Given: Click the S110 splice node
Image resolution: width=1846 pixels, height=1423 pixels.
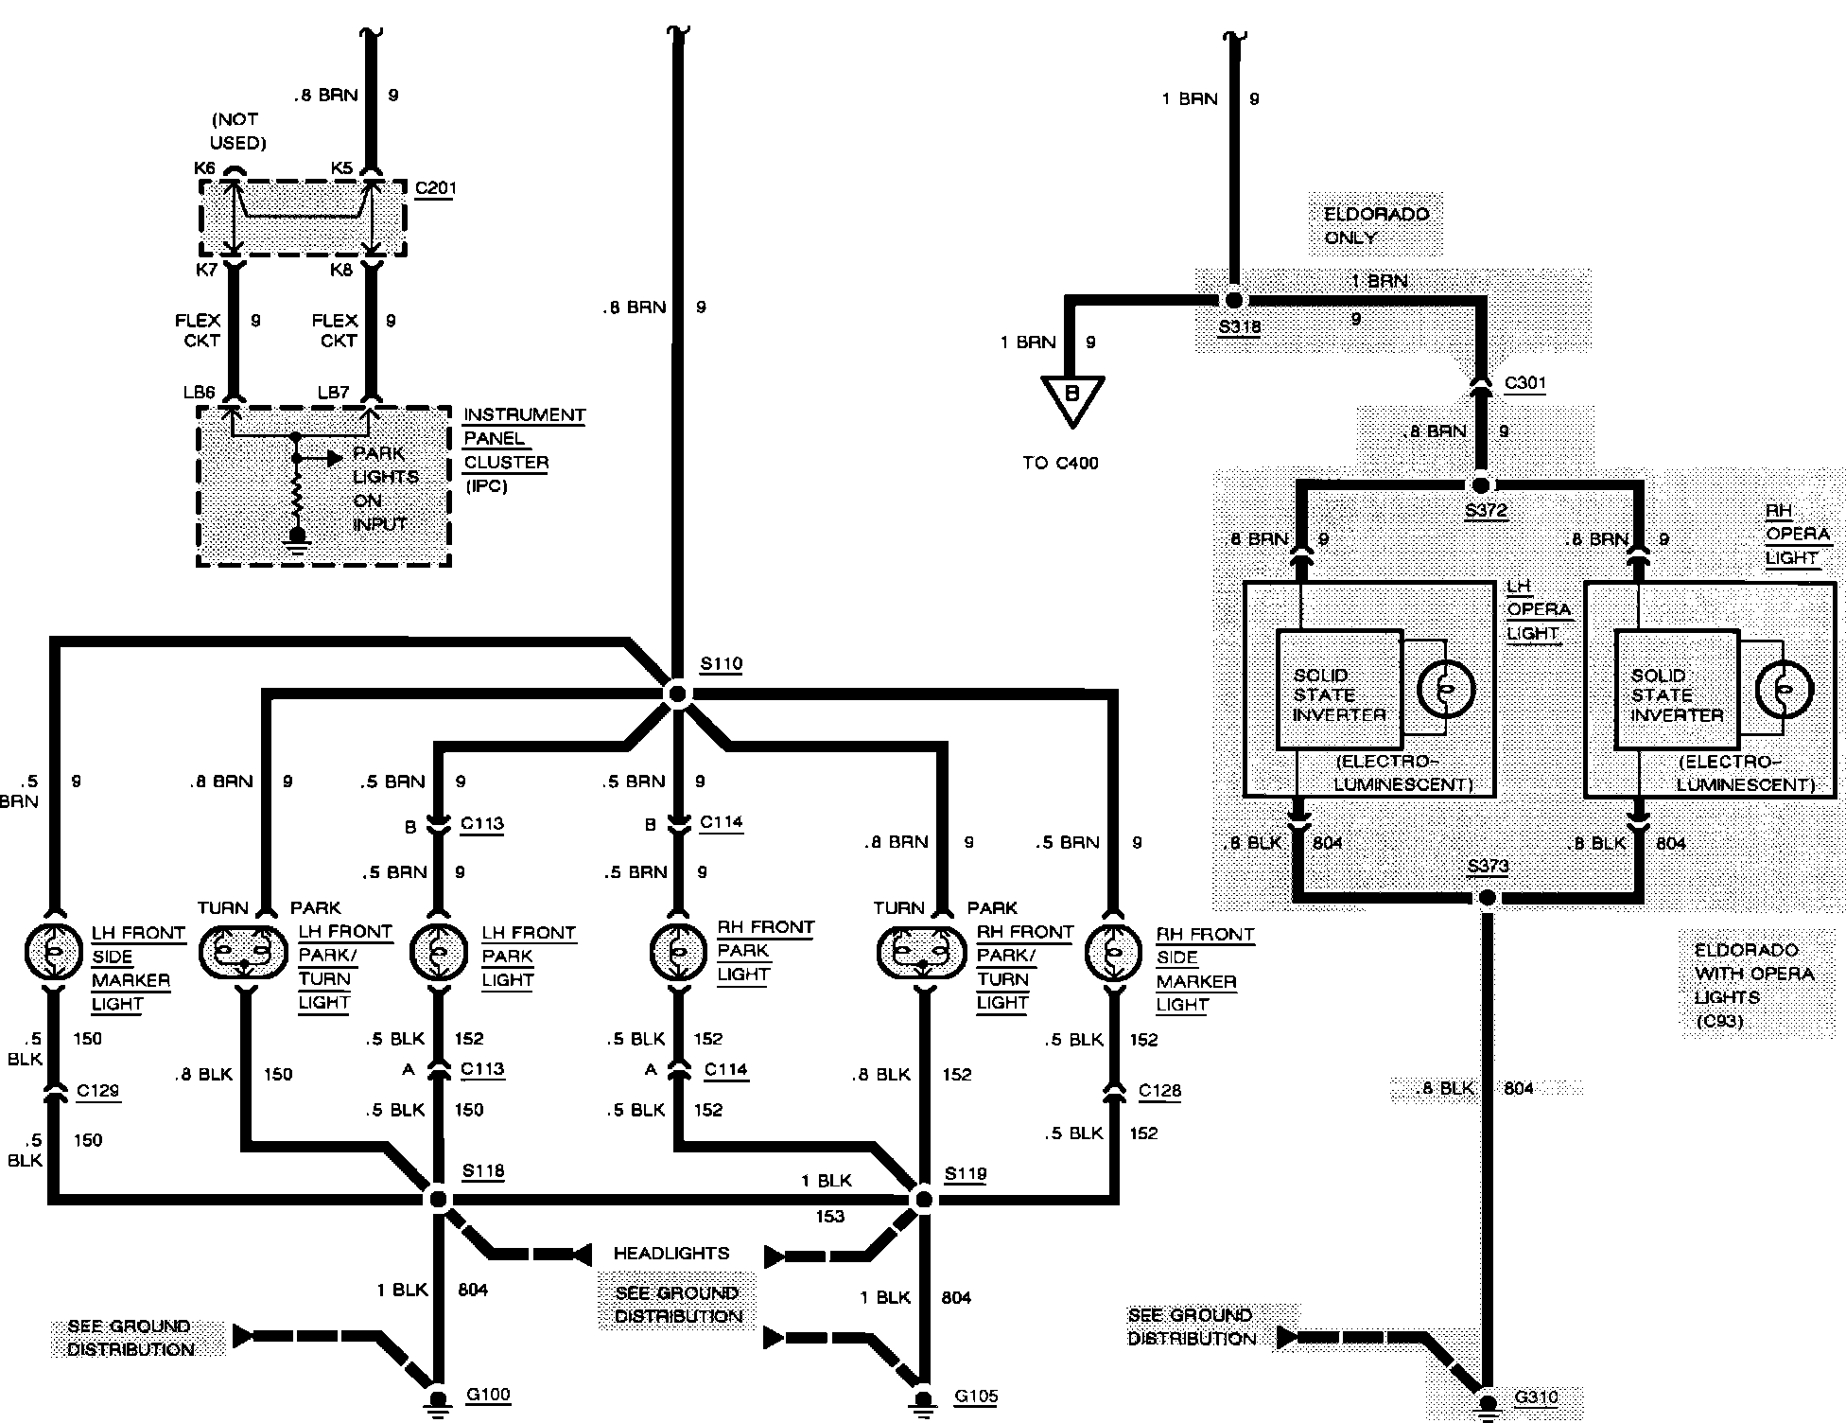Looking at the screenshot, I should point(677,694).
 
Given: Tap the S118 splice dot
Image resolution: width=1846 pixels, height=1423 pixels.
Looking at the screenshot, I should point(438,1199).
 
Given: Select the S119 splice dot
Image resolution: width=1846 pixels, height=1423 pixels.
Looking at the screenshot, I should point(923,1200).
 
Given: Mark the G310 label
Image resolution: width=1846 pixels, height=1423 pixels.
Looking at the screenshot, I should point(1536,1397).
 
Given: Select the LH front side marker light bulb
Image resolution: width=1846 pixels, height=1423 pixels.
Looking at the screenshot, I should point(54,954).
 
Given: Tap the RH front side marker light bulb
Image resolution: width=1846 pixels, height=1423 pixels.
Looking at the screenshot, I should point(1113,954).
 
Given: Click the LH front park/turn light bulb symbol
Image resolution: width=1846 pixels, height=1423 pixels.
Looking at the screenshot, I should point(243,954).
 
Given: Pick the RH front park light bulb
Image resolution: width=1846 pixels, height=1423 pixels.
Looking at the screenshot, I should point(677,952).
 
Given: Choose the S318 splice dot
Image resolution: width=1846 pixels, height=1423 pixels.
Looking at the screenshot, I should point(1232,300).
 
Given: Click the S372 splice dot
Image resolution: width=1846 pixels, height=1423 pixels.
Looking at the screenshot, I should point(1481,485).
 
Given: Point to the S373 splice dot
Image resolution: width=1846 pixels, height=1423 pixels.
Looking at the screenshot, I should point(1487,897).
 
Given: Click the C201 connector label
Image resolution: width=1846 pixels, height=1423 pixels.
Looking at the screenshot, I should point(435,187).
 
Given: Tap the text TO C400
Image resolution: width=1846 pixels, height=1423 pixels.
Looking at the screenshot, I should point(1060,463).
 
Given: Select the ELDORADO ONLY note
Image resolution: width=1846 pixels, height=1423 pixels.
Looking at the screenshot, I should point(1376,225).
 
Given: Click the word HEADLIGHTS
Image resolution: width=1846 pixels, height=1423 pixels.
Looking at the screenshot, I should point(671,1253).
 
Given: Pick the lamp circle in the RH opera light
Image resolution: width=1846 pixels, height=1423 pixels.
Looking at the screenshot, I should point(1784,690).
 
